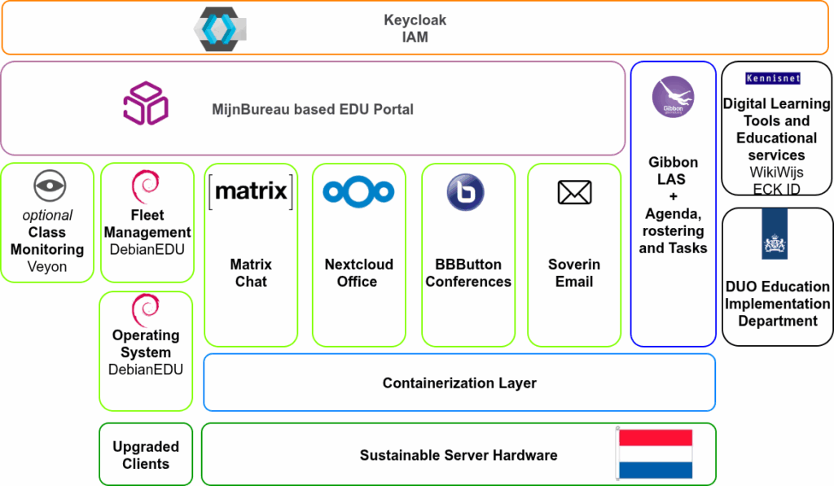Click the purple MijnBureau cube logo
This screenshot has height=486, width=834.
[x=146, y=103]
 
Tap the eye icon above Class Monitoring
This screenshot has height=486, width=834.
[x=49, y=186]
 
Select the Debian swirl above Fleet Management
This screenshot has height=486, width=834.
[x=146, y=186]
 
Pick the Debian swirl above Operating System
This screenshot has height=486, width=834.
[x=146, y=309]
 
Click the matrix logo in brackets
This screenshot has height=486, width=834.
[x=251, y=192]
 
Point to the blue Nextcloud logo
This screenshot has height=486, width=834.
[x=358, y=192]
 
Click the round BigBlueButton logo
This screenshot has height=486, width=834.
[x=465, y=193]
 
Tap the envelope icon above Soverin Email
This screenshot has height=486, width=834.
[x=574, y=193]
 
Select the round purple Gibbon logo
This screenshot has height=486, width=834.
[x=673, y=97]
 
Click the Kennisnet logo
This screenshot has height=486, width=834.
[x=773, y=79]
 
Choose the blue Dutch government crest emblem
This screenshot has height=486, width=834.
[x=775, y=234]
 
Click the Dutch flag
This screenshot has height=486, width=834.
[x=655, y=453]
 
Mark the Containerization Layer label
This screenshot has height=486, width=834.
[x=459, y=383]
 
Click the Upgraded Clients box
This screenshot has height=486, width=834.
[x=146, y=455]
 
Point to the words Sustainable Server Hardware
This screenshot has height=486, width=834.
[x=459, y=455]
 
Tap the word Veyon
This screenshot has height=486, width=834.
[x=47, y=266]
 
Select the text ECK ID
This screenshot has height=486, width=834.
[x=776, y=190]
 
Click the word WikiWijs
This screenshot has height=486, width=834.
[x=776, y=173]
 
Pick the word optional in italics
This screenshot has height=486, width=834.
[x=47, y=216]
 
